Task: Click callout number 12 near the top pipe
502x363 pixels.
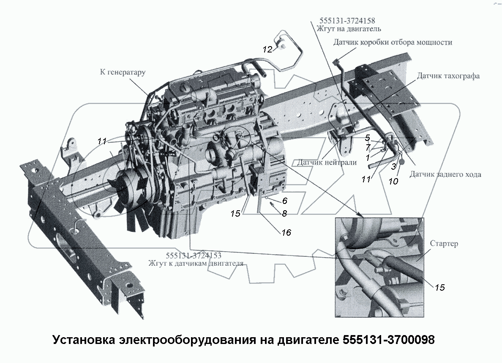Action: (267, 49)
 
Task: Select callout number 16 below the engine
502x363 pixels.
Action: (286, 232)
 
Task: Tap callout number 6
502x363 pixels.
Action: (285, 201)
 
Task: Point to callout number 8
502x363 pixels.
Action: (284, 213)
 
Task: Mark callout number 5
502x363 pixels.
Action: (368, 137)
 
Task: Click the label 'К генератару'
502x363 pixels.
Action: (123, 72)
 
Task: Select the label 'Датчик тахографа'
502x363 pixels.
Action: (448, 76)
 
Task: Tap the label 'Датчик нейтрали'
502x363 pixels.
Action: (327, 162)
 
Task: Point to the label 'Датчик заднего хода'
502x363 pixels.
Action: (445, 174)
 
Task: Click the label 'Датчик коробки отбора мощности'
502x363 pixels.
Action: (393, 42)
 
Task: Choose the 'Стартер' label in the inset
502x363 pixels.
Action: (444, 244)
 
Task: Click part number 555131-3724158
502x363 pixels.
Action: (348, 21)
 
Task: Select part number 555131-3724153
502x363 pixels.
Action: (194, 256)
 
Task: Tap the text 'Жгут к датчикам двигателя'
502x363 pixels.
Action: (196, 263)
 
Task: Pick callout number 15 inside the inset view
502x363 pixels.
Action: (439, 287)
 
